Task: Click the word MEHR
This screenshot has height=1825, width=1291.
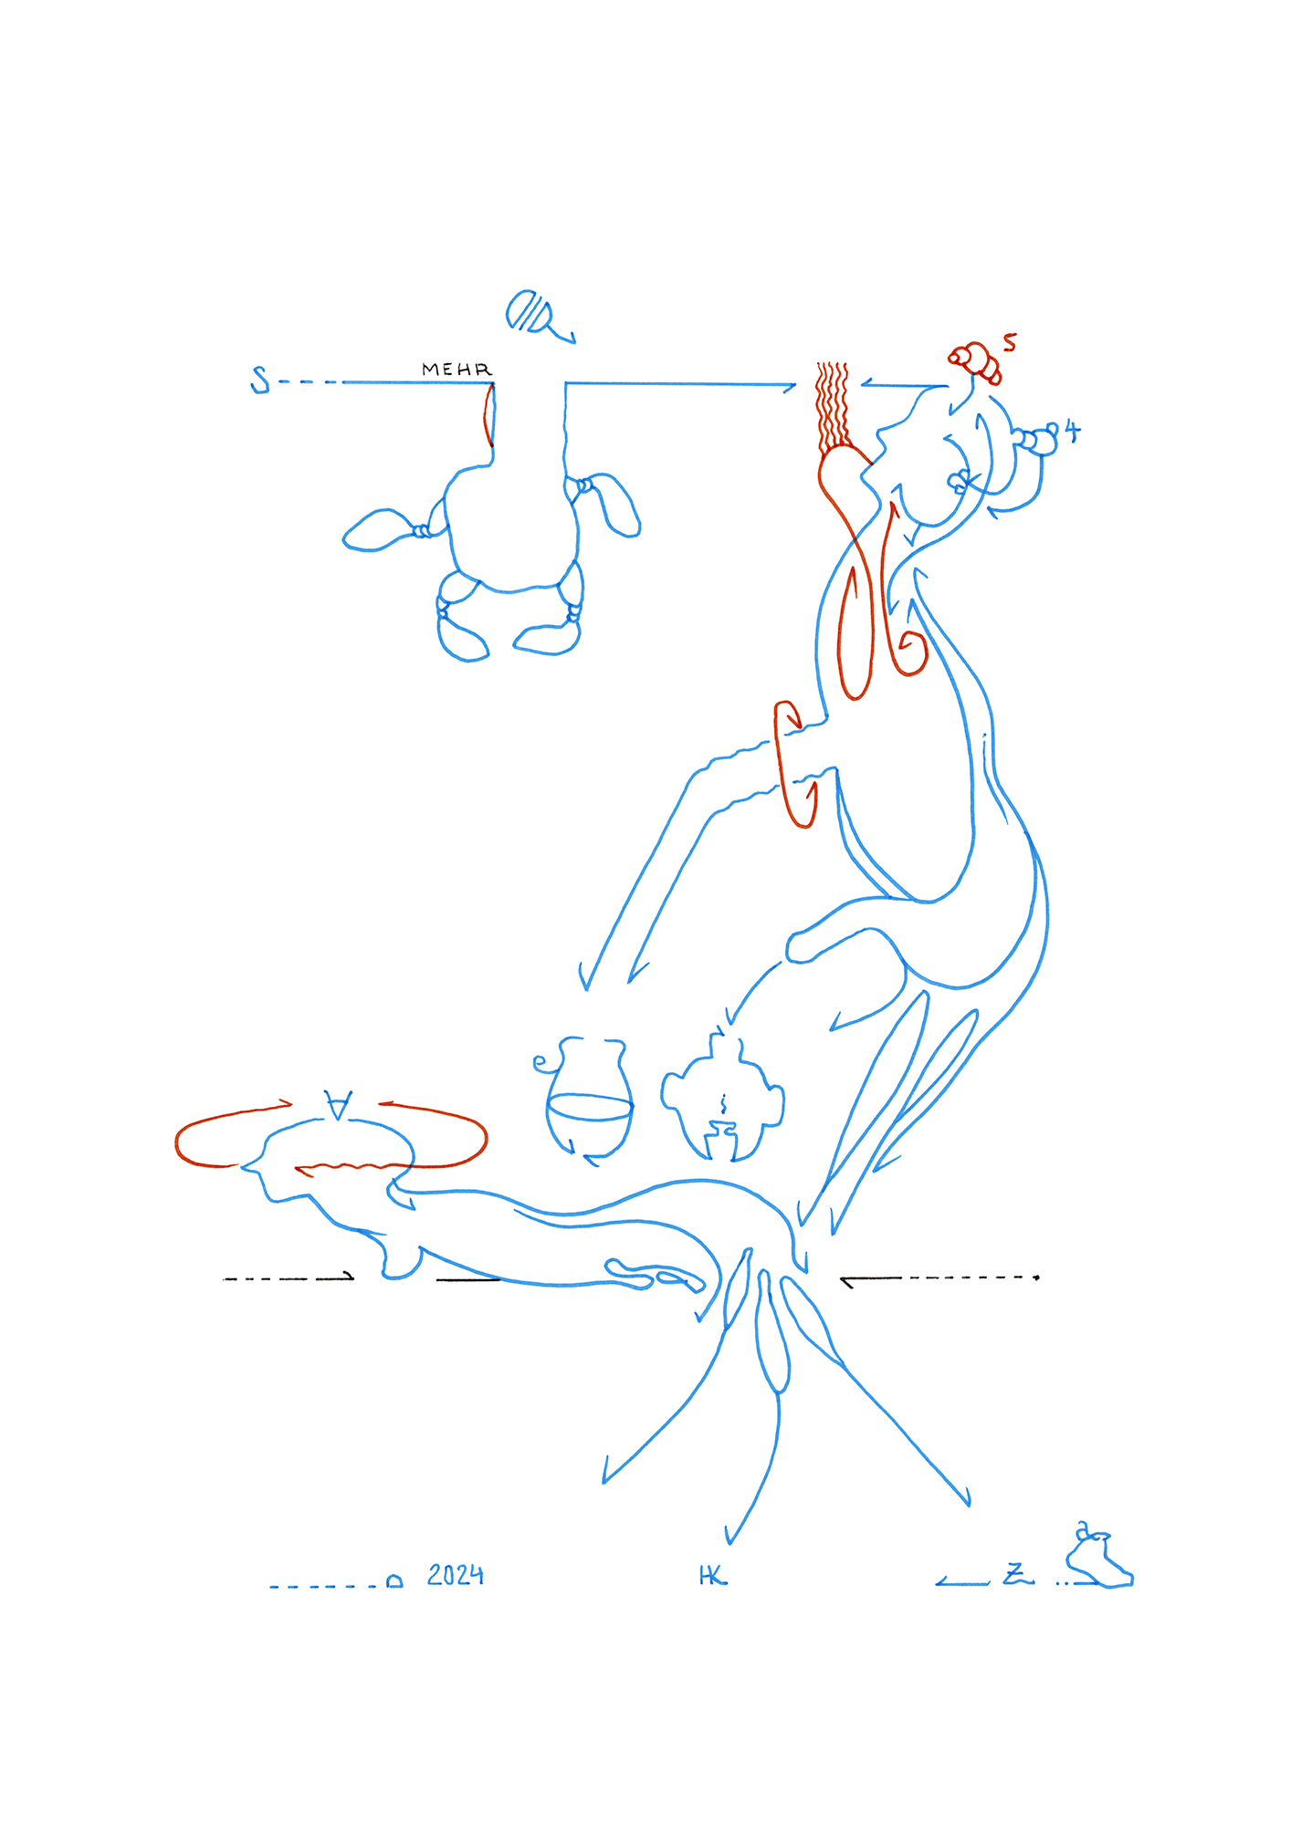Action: [457, 370]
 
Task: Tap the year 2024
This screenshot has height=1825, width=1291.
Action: [455, 1575]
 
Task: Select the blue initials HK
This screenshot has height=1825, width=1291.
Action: [712, 1576]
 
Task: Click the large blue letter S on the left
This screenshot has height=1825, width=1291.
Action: [260, 379]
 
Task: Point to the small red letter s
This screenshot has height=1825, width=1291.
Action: [1009, 342]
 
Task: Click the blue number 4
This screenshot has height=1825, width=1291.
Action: [1072, 431]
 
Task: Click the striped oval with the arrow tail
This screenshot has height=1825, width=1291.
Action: [531, 312]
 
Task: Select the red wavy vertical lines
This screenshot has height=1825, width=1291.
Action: [832, 406]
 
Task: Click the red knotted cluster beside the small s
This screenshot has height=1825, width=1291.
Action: [976, 361]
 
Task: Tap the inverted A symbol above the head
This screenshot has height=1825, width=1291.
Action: [338, 1105]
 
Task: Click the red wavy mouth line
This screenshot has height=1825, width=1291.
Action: [352, 1167]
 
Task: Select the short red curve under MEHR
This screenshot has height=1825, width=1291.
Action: [488, 416]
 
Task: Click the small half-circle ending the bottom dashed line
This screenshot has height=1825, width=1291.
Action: [394, 1581]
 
